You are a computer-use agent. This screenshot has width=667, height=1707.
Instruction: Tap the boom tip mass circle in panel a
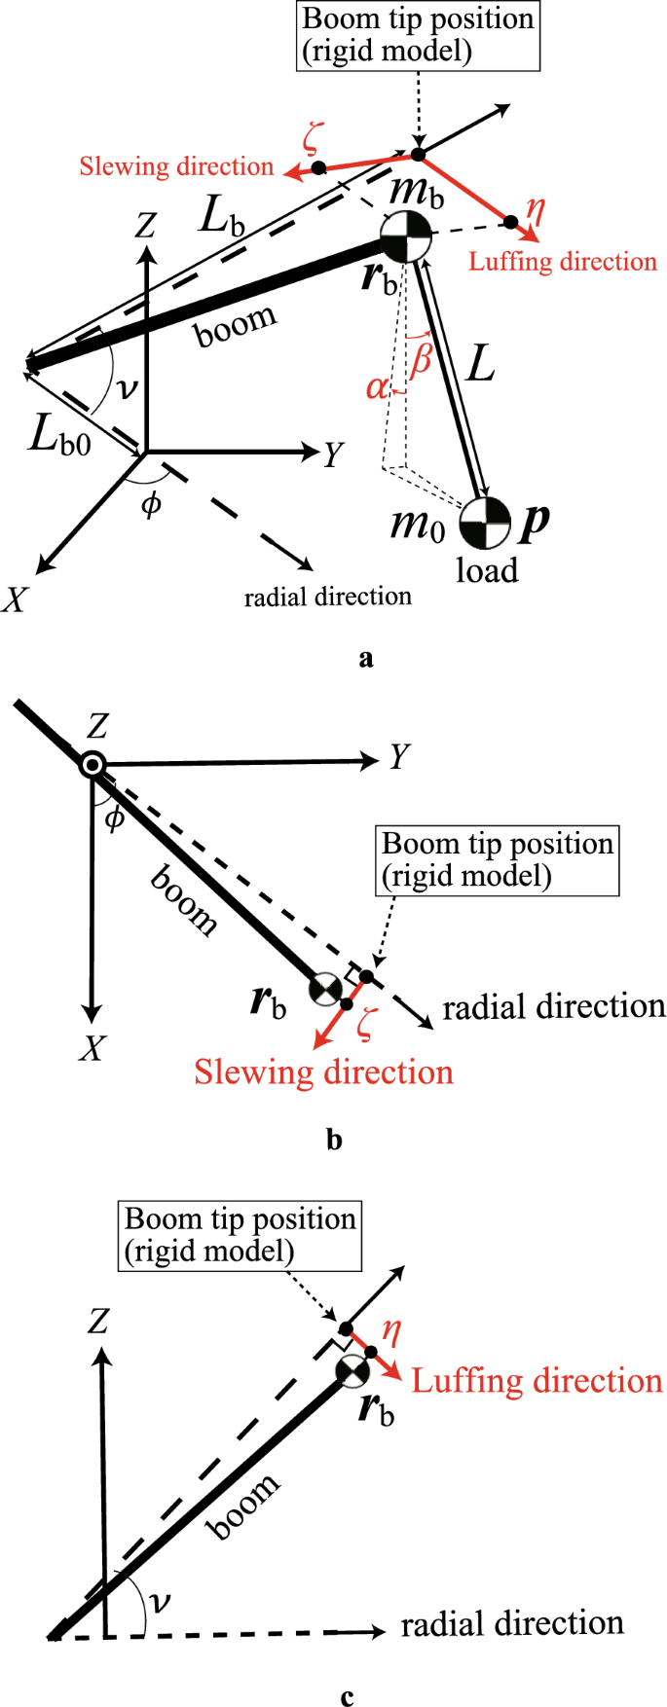pos(404,236)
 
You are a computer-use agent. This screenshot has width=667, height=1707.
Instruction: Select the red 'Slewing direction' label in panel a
pos(176,166)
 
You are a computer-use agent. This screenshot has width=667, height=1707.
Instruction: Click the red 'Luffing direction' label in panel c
pos(537,1380)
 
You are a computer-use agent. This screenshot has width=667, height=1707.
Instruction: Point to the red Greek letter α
pos(377,388)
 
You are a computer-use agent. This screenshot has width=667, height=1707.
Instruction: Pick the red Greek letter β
pos(421,360)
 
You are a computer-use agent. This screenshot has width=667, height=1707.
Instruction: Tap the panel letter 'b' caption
pos(334,1140)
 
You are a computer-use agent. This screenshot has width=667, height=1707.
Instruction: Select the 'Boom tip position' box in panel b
pos(498,859)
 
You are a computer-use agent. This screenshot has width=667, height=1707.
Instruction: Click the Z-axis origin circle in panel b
pos(93,765)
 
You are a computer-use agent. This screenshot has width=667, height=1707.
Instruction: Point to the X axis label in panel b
pos(93,1048)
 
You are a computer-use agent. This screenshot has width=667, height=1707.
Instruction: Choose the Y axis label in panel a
pos(334,454)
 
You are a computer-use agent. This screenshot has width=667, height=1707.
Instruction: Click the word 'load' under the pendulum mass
pos(487,570)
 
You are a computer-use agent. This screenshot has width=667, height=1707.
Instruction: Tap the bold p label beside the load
pos(535,523)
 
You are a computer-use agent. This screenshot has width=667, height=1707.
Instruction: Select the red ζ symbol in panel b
pos(365,1025)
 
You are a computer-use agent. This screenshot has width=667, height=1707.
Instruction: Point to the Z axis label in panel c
pos(98,1322)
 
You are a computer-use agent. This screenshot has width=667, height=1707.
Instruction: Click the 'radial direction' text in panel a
pos(327,597)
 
